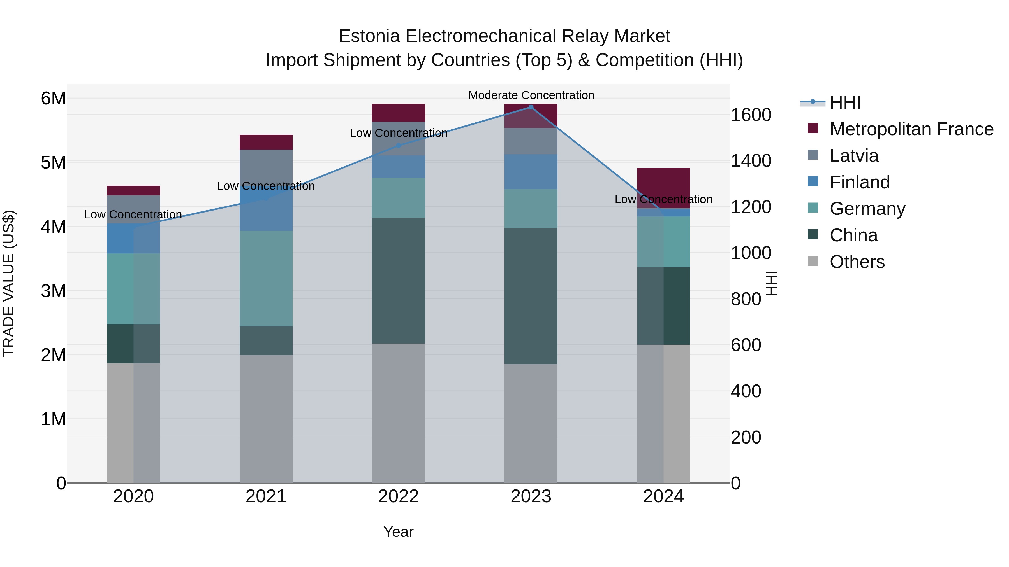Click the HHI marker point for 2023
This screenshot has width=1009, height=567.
[531, 107]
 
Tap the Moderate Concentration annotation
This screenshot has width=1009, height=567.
[531, 95]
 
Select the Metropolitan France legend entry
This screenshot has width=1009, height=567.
[911, 129]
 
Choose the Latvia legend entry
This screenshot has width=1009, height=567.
[854, 156]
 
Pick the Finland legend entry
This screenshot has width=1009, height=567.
[859, 182]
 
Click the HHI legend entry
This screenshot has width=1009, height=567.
[845, 102]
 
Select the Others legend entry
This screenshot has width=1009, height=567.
[857, 262]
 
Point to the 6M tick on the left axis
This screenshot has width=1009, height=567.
[53, 98]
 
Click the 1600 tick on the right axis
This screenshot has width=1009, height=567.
[751, 115]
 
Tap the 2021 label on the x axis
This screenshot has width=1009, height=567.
[266, 496]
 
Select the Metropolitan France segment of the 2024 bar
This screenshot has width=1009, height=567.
[663, 188]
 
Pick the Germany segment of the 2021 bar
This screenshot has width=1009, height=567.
[266, 278]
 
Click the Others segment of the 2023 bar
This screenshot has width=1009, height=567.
[531, 423]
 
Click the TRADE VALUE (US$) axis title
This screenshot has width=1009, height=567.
[9, 283]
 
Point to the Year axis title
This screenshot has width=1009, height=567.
[398, 532]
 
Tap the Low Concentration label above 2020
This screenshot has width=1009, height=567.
[133, 214]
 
